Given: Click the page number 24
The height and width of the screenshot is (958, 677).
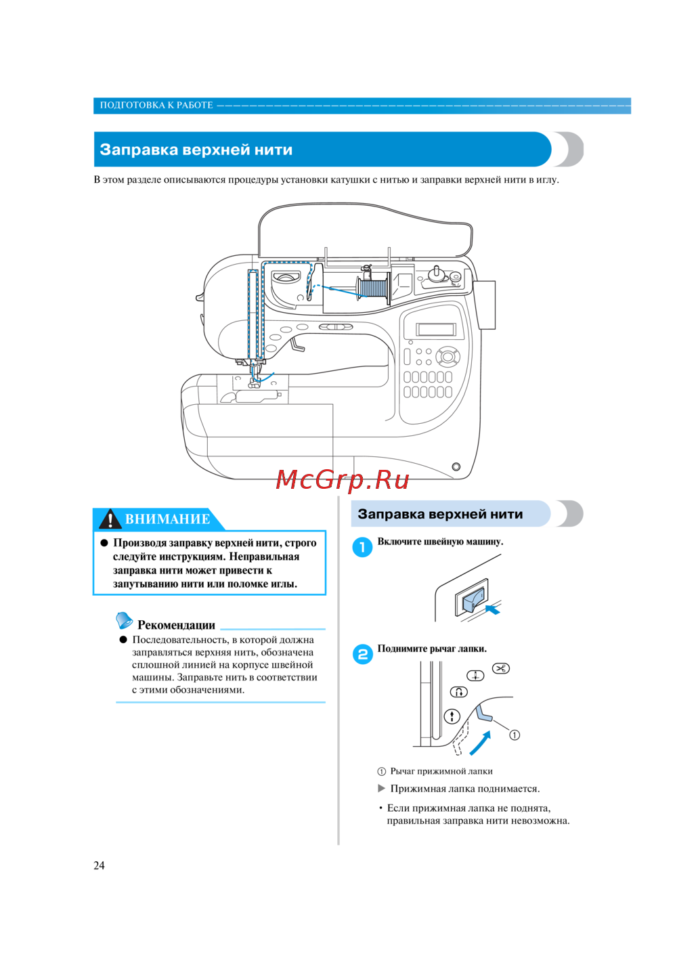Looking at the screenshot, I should [x=99, y=865].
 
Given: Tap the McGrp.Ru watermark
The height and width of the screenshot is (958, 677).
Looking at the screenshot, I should [x=343, y=479].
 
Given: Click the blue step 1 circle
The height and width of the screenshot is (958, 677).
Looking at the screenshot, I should [x=362, y=547].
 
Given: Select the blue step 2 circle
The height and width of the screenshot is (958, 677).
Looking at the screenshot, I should [x=362, y=654].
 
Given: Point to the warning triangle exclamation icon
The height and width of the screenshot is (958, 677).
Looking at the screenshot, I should [x=110, y=519].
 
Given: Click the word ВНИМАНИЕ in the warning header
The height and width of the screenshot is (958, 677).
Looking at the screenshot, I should [x=167, y=519].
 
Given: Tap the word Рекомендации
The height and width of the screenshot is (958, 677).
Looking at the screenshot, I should [x=176, y=625].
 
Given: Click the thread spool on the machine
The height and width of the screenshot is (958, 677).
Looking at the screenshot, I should [x=372, y=287].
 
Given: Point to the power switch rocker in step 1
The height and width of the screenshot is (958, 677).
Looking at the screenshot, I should [x=473, y=598].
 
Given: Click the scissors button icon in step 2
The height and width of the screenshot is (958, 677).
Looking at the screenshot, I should [x=501, y=669].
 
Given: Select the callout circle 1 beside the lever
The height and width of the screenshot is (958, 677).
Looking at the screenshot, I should [x=515, y=735].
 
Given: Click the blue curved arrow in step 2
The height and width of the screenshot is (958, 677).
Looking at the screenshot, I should [x=480, y=743].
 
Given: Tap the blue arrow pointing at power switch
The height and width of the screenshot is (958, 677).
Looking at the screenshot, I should [x=493, y=609].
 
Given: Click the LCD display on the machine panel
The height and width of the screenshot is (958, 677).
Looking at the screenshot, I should [x=436, y=330].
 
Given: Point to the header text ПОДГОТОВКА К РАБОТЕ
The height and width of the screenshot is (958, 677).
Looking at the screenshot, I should [x=156, y=105].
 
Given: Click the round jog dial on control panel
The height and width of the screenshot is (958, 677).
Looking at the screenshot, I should [x=447, y=355].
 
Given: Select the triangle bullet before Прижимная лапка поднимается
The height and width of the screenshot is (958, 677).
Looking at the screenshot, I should [x=382, y=788].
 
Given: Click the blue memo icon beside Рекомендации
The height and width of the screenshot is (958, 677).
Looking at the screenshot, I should [x=124, y=619].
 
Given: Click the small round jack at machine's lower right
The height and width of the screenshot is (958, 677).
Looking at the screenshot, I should [x=456, y=466].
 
